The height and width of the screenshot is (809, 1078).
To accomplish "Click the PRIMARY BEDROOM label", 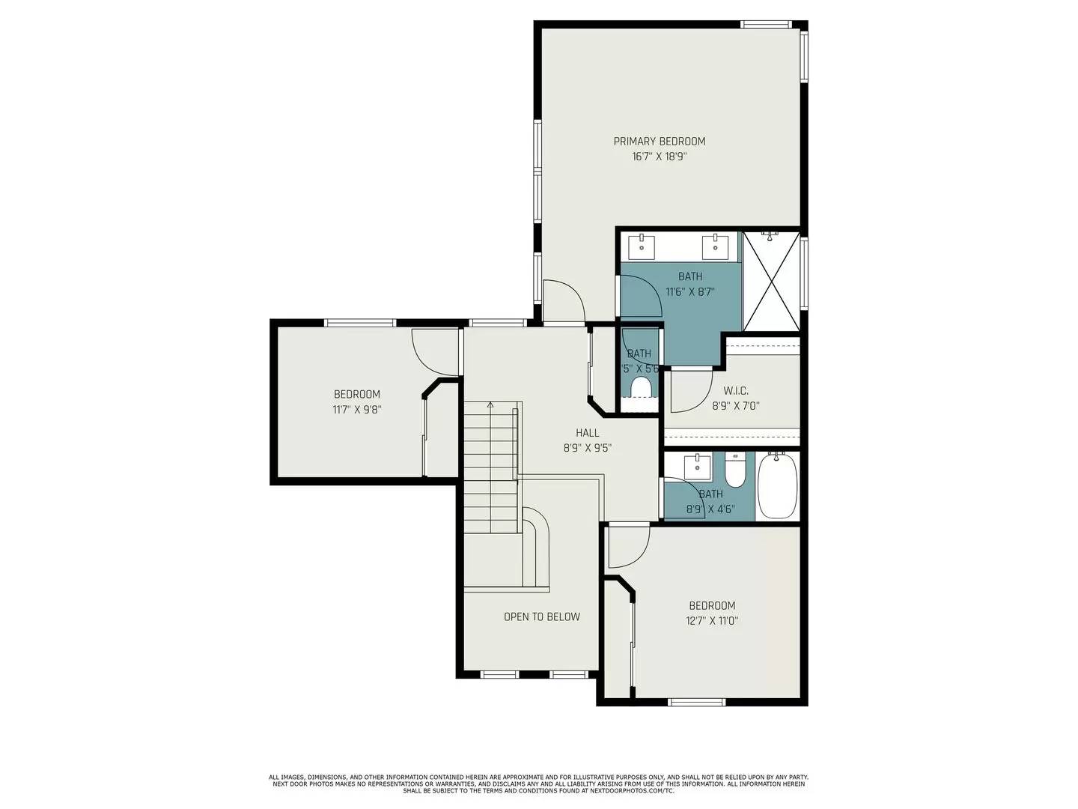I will tap(659, 141).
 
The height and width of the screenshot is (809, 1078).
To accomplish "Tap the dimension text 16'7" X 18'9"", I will tap(659, 157).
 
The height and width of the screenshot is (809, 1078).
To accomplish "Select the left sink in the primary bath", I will tap(642, 246).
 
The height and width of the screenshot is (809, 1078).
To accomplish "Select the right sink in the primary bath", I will tap(715, 246).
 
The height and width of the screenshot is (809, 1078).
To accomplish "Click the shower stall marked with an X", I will tap(770, 281).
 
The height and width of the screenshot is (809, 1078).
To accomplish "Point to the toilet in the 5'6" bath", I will tap(641, 388).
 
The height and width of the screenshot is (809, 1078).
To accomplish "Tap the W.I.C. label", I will tap(736, 391).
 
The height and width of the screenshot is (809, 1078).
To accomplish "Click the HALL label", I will tap(588, 432).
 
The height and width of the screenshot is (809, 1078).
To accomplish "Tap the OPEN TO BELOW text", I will tap(541, 616).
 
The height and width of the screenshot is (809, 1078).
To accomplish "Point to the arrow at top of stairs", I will tap(490, 405).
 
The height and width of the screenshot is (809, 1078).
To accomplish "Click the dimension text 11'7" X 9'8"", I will tap(357, 410).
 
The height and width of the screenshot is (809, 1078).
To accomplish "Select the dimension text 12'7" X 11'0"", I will tap(712, 621).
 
